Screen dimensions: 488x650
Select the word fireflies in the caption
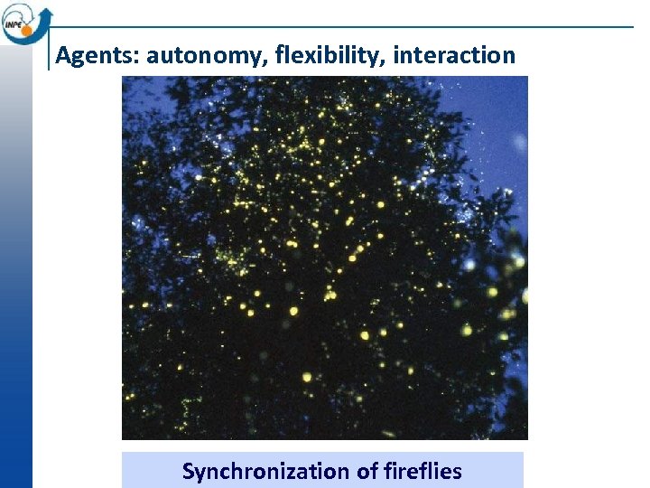pos(424,472)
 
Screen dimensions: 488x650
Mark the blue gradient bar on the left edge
pos(15,271)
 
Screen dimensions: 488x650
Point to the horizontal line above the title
pos(361,27)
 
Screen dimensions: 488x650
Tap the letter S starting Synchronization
pos(188,472)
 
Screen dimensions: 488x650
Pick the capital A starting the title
pos(62,56)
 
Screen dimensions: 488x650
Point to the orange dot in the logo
pos(26,30)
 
